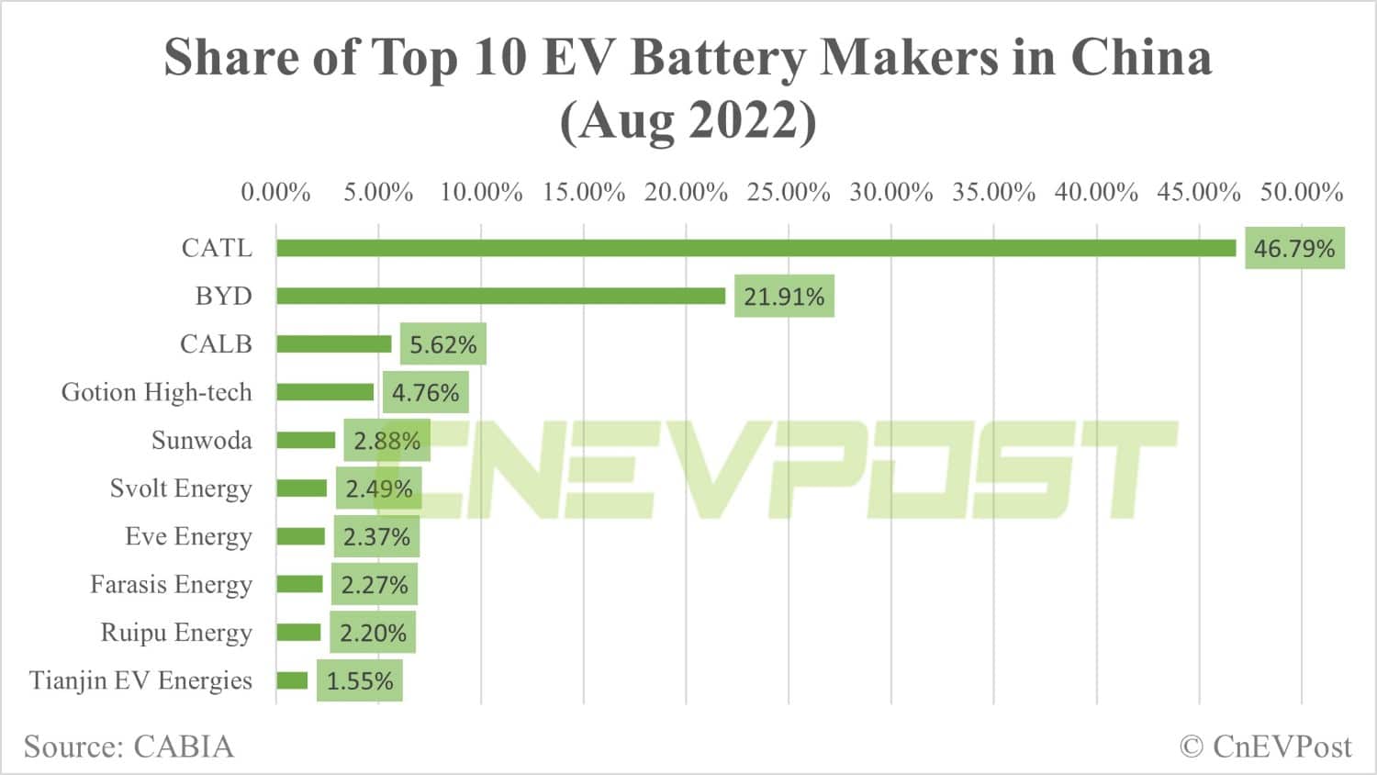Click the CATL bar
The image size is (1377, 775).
pyautogui.click(x=756, y=248)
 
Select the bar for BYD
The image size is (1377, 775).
pyautogui.click(x=500, y=296)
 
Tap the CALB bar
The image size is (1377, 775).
pyautogui.click(x=333, y=343)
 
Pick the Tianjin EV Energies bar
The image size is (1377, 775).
pyautogui.click(x=292, y=680)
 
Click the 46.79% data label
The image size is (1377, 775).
pyautogui.click(x=1294, y=248)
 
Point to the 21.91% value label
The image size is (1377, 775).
pyautogui.click(x=784, y=297)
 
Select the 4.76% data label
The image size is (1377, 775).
pyautogui.click(x=425, y=393)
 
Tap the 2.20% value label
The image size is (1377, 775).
pyautogui.click(x=373, y=633)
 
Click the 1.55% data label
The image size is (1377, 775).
pyautogui.click(x=360, y=681)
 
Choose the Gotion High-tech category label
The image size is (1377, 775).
pyautogui.click(x=156, y=392)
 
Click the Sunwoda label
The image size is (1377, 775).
pyautogui.click(x=201, y=440)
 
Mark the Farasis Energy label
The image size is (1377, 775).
pyautogui.click(x=171, y=584)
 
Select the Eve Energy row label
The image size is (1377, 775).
pyautogui.click(x=188, y=536)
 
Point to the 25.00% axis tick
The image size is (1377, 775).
pyautogui.click(x=788, y=192)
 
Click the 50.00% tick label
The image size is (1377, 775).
pyautogui.click(x=1301, y=192)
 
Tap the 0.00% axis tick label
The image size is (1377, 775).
pyautogui.click(x=275, y=192)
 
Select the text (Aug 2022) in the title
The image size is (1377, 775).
pyautogui.click(x=688, y=120)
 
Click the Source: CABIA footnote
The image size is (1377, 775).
pyautogui.click(x=129, y=746)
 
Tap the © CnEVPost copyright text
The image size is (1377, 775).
pyautogui.click(x=1265, y=746)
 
